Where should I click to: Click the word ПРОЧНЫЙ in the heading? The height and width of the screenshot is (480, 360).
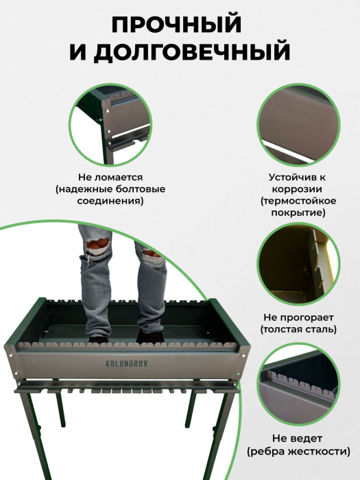pyautogui.click(x=177, y=25)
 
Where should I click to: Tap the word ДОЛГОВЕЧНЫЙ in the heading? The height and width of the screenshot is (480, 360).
pyautogui.click(x=192, y=52)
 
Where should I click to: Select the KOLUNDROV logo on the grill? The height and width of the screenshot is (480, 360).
pyautogui.click(x=126, y=363)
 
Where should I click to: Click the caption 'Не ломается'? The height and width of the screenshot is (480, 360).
pyautogui.click(x=110, y=177)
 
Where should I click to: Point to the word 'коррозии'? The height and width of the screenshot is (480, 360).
pyautogui.click(x=297, y=189)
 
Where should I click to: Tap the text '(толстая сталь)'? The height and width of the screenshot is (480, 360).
pyautogui.click(x=298, y=329)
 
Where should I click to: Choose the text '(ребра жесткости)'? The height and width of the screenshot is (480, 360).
pyautogui.click(x=298, y=451)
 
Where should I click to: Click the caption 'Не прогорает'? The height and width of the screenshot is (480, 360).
pyautogui.click(x=298, y=317)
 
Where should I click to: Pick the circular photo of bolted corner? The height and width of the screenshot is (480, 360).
pyautogui.click(x=110, y=125)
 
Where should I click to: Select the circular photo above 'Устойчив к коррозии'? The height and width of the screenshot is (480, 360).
pyautogui.click(x=298, y=125)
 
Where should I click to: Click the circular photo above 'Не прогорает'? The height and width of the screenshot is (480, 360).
pyautogui.click(x=298, y=265)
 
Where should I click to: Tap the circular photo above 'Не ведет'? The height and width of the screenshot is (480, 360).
pyautogui.click(x=298, y=386)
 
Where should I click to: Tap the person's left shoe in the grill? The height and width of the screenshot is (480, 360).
pyautogui.click(x=99, y=339)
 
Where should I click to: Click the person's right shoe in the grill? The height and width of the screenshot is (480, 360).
pyautogui.click(x=150, y=337)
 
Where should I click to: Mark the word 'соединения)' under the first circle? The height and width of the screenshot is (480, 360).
pyautogui.click(x=110, y=201)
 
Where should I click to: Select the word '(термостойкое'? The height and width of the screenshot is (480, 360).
pyautogui.click(x=298, y=201)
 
